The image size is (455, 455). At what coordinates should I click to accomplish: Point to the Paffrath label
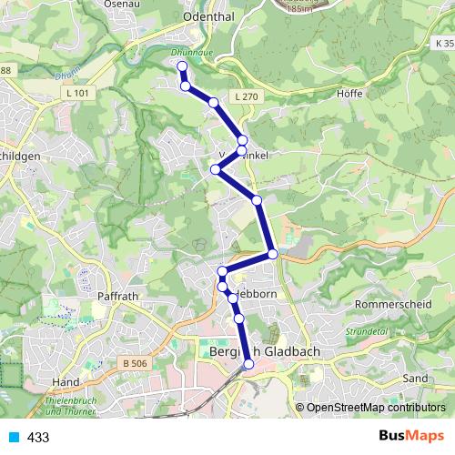tap(118, 296)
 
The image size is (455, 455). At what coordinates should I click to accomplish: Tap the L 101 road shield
tap(77, 92)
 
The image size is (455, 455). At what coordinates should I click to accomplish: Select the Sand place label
tap(414, 377)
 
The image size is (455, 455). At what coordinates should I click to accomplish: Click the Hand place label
tap(66, 382)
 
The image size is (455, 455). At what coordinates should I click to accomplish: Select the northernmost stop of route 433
tap(182, 66)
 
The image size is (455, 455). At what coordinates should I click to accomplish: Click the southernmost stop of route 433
tap(248, 364)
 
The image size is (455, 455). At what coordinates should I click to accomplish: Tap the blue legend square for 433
tap(13, 437)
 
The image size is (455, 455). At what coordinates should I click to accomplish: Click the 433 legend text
tap(38, 438)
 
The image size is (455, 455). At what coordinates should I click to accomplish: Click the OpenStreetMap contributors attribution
tap(375, 408)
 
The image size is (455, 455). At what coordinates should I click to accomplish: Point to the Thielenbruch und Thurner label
tap(71, 406)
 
